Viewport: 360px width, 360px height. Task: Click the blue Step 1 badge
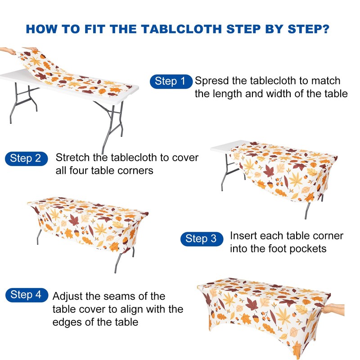[x=171, y=81]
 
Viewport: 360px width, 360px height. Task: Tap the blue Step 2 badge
[x=26, y=158]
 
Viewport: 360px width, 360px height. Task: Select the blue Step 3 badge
[x=201, y=238]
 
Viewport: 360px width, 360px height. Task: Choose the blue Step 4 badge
[x=26, y=295]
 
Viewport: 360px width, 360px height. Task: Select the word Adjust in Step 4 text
[x=68, y=297]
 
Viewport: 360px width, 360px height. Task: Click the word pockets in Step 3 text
[x=308, y=249]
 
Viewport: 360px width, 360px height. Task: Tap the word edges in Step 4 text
[x=68, y=322]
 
